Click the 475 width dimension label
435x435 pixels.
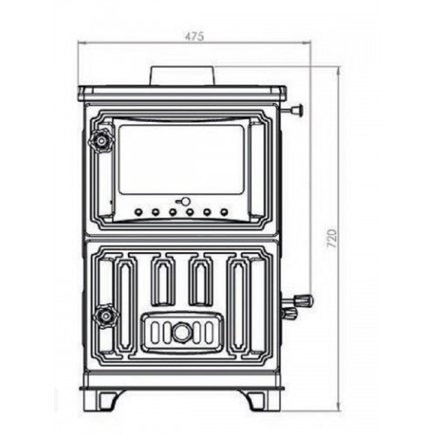[x=194, y=37]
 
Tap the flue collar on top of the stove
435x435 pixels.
[x=183, y=76]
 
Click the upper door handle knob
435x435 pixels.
[x=104, y=139]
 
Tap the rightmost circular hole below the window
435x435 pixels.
[x=224, y=211]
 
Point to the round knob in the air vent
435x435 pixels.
[x=182, y=331]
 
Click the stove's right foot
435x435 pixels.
[x=260, y=399]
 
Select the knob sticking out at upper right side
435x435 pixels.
[x=298, y=110]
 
